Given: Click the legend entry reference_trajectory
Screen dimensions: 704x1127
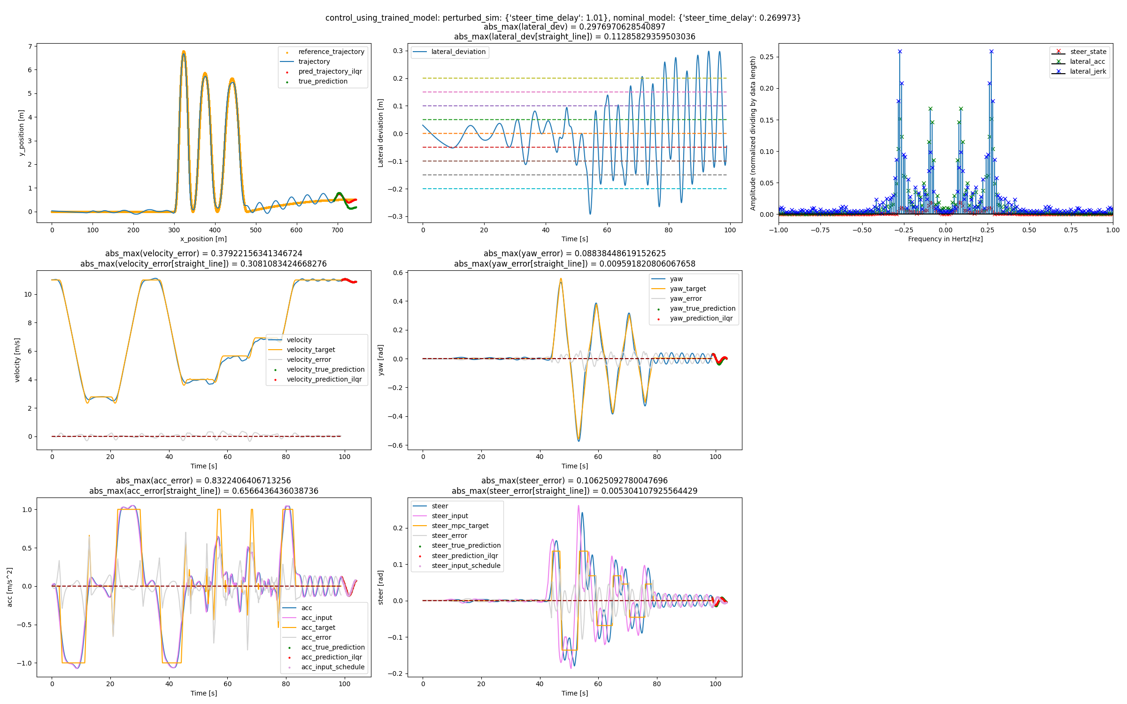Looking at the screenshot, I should [331, 52].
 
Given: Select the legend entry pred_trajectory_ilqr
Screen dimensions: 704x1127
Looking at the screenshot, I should [330, 71].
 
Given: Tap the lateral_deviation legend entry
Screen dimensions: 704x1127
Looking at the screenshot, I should [458, 52].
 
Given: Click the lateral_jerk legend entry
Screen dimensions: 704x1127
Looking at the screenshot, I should [1088, 71].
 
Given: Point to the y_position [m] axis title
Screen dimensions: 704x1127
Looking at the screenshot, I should [21, 133].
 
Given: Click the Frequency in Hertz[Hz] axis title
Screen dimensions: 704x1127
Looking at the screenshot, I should [945, 239].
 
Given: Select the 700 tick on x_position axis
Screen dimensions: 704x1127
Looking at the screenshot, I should [337, 230].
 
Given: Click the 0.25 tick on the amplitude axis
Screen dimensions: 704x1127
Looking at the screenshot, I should [766, 57].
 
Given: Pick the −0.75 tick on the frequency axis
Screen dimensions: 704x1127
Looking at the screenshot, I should [820, 230].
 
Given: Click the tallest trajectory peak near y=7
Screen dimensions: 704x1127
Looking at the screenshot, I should [184, 52].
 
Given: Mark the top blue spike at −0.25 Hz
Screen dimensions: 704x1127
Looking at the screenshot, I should [900, 52].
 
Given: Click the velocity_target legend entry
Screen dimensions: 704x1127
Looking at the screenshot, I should [310, 350].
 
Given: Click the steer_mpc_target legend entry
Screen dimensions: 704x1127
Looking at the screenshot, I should [460, 526].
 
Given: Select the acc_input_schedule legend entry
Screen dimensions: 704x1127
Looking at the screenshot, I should [332, 667].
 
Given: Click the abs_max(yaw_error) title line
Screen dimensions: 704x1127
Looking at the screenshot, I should [574, 253].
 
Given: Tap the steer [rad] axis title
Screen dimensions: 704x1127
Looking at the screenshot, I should [381, 587].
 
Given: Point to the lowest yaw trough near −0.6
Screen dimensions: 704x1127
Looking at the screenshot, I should [579, 441].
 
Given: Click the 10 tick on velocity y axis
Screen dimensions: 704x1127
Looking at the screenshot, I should [28, 294].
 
